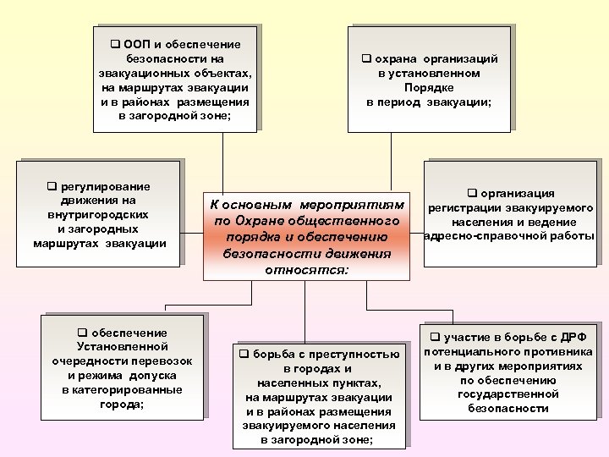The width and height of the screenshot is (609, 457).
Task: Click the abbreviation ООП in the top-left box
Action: click(x=138, y=44)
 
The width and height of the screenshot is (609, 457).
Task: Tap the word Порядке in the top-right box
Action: click(x=429, y=87)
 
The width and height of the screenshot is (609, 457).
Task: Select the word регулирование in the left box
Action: click(x=111, y=186)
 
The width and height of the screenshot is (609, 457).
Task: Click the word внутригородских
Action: click(x=98, y=215)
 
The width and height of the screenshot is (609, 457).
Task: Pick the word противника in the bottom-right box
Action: click(x=554, y=352)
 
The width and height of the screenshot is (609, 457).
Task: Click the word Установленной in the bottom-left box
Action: click(x=123, y=347)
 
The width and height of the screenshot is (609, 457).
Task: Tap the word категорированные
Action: click(x=122, y=390)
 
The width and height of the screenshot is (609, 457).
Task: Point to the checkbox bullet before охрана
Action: click(x=367, y=59)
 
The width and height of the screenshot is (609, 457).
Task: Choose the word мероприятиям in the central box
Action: click(x=361, y=206)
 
